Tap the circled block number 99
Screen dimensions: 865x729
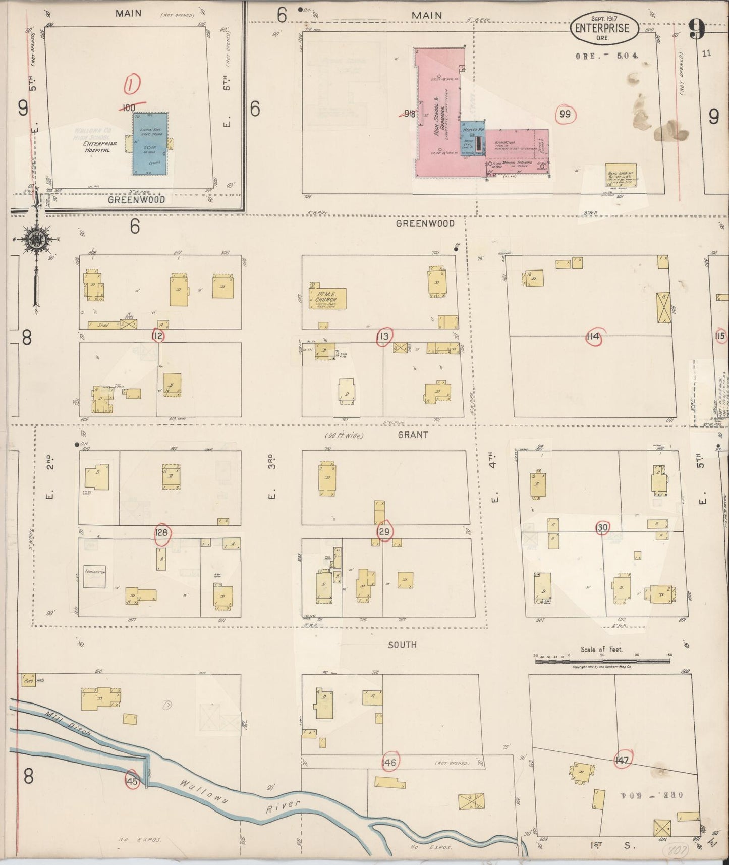[565, 115]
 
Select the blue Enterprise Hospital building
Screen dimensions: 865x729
[150, 144]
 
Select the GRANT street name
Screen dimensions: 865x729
[412, 435]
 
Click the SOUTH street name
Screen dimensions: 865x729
[402, 644]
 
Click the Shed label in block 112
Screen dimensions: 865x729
[103, 325]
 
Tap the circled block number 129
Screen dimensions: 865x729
[384, 531]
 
